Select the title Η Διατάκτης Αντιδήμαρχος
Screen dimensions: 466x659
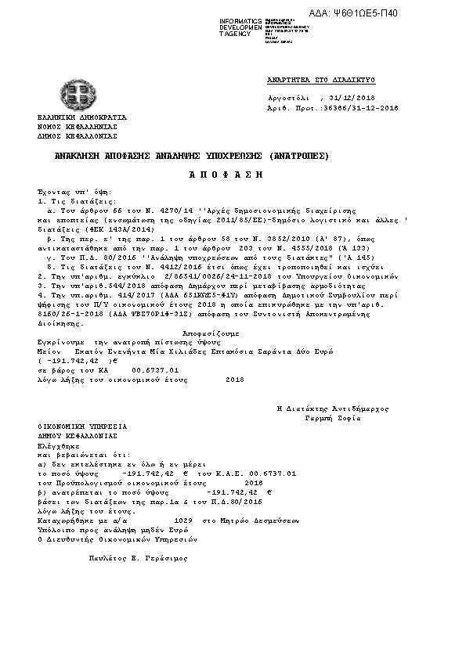pyautogui.click(x=333, y=409)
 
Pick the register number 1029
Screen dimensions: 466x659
pyautogui.click(x=182, y=520)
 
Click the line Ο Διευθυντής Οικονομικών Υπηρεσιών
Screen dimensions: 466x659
pyautogui.click(x=117, y=539)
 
